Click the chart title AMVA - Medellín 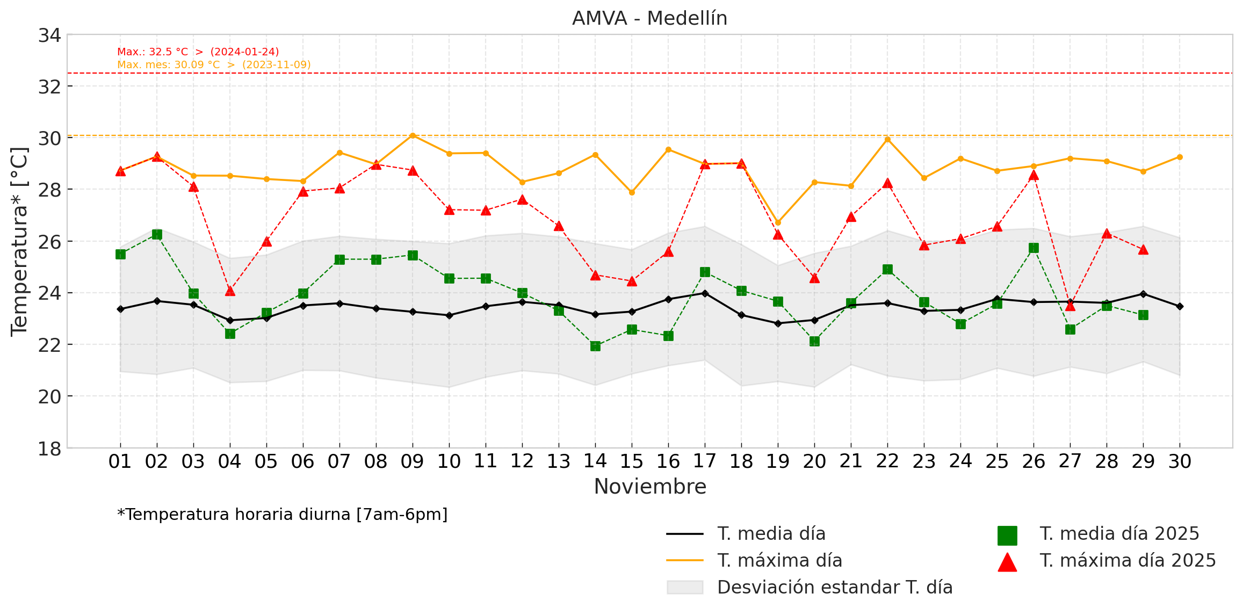649,18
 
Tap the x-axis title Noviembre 650,487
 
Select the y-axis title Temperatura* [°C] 19,242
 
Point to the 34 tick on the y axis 49,35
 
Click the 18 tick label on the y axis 49,448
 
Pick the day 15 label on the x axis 632,461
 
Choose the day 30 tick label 1180,461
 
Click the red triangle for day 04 230,291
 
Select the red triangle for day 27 1070,306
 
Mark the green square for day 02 157,235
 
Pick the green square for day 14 595,346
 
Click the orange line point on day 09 413,135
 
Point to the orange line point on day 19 778,222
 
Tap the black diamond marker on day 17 705,293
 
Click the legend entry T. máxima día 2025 1128,561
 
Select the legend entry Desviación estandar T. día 834,588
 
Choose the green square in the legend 1007,536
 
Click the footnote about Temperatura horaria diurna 283,515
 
